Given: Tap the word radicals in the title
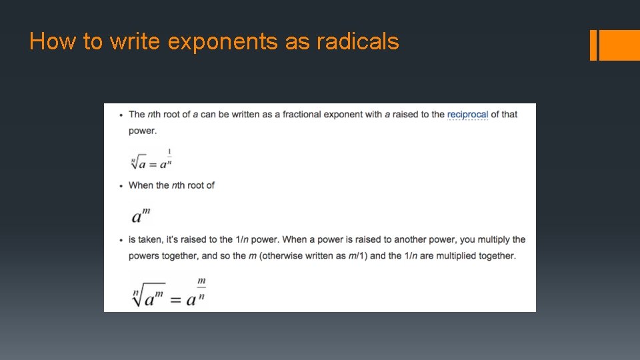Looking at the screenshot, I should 358,42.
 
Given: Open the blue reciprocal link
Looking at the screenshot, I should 467,115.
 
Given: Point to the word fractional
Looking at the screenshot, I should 302,115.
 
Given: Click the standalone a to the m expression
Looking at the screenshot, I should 141,215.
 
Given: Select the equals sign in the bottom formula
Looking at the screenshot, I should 175,299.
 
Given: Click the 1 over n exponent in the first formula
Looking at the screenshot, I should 169,157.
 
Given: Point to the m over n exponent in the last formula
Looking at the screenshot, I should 201,289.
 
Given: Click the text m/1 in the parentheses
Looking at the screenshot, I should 355,256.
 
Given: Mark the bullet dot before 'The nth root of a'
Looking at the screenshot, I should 121,115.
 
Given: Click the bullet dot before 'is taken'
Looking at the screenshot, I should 121,240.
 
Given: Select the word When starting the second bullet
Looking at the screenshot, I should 140,185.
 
